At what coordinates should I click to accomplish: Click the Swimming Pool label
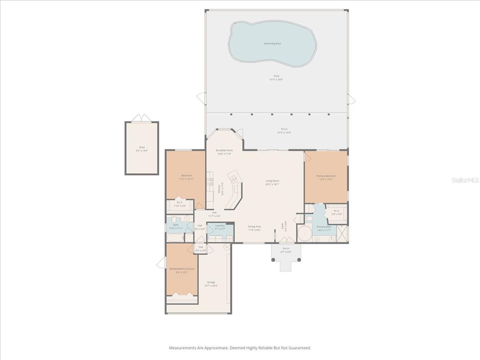point(272,44)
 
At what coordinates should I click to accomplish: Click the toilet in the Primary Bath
point(308,218)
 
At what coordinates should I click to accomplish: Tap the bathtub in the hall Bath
point(175,238)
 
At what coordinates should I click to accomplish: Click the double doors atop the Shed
point(142,118)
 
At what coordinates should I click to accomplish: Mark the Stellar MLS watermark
point(465,180)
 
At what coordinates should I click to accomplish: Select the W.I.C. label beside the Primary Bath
point(337,211)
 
